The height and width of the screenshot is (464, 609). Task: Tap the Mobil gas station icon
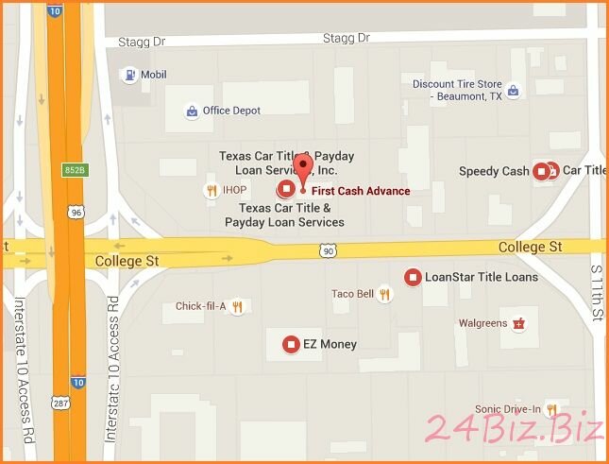click(128, 75)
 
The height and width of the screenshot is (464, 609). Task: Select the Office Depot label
click(231, 111)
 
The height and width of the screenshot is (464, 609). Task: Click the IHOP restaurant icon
click(212, 190)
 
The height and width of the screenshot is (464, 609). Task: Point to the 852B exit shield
click(76, 169)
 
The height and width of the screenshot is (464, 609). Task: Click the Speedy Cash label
click(494, 171)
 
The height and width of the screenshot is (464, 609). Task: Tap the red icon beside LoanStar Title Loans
click(412, 277)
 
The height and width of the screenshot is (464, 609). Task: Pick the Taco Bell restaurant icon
click(384, 294)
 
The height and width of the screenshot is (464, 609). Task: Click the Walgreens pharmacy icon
click(517, 323)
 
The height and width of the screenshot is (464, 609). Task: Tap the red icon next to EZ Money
click(290, 344)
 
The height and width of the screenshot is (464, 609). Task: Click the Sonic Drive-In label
click(508, 409)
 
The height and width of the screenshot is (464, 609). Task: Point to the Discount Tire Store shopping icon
click(512, 92)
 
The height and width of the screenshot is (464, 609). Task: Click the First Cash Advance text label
click(361, 191)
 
